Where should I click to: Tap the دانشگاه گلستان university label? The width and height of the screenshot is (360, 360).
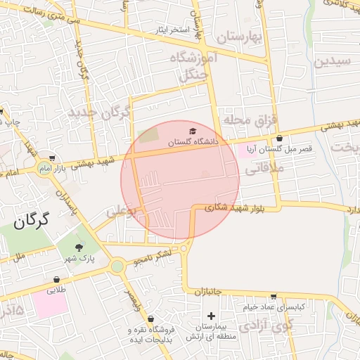193,142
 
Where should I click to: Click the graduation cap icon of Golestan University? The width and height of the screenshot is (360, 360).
193,131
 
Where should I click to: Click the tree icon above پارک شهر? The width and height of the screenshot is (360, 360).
78,247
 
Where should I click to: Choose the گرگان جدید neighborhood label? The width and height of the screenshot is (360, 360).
99,112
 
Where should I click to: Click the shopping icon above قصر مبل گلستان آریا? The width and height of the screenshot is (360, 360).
281,138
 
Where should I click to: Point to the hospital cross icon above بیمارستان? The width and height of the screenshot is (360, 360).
210,316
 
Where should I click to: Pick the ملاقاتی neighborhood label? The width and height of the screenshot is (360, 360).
264,169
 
